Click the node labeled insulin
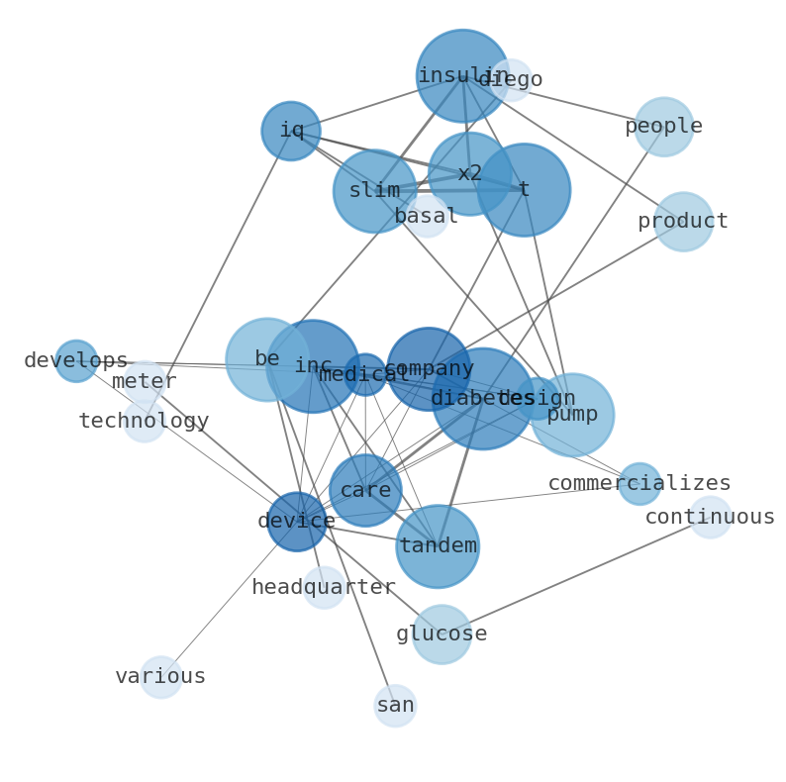(x=462, y=76)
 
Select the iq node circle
(x=291, y=131)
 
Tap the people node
(x=663, y=127)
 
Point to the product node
(x=683, y=222)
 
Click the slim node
(x=374, y=191)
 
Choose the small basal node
(x=426, y=216)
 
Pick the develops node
(x=76, y=361)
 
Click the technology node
(x=145, y=422)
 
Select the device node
(x=297, y=522)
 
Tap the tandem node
(x=438, y=546)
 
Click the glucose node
(x=442, y=635)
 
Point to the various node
(x=160, y=677)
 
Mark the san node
(x=395, y=706)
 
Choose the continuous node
(x=710, y=518)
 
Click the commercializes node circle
(x=639, y=484)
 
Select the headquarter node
(x=324, y=588)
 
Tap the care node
(x=365, y=491)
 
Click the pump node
(x=572, y=415)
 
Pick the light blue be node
(x=265, y=359)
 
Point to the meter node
(x=145, y=382)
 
